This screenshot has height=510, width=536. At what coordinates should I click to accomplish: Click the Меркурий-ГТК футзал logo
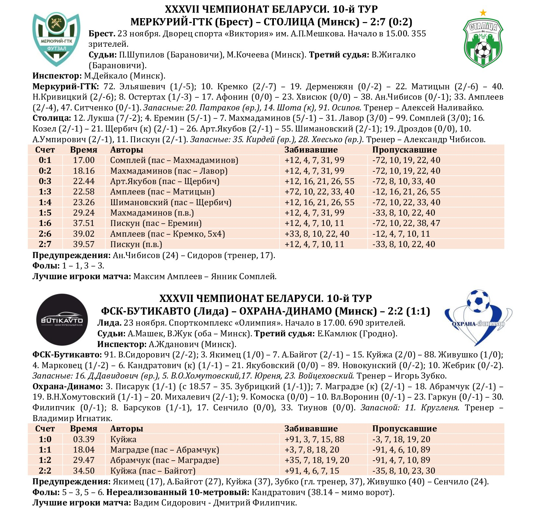56,39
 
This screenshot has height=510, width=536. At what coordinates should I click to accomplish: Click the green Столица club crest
483,43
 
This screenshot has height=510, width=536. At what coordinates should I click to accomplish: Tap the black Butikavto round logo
62,319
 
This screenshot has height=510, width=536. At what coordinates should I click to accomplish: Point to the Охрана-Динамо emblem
478,317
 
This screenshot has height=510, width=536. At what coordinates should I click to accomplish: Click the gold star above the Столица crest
483,13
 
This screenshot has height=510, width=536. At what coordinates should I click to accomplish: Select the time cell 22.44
84,181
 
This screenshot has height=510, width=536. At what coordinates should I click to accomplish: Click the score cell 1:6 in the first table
45,223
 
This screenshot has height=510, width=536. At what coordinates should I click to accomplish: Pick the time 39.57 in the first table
84,244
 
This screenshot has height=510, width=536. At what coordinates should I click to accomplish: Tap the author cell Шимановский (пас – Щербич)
171,202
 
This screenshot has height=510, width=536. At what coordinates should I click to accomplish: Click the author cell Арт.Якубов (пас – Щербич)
165,181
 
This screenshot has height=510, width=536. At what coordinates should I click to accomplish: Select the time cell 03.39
84,439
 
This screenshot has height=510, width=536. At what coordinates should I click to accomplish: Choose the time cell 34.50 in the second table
84,471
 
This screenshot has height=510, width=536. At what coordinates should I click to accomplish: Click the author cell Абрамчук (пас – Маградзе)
165,460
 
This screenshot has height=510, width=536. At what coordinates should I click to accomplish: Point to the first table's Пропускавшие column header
404,150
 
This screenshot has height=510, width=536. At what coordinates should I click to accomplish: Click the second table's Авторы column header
126,429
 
